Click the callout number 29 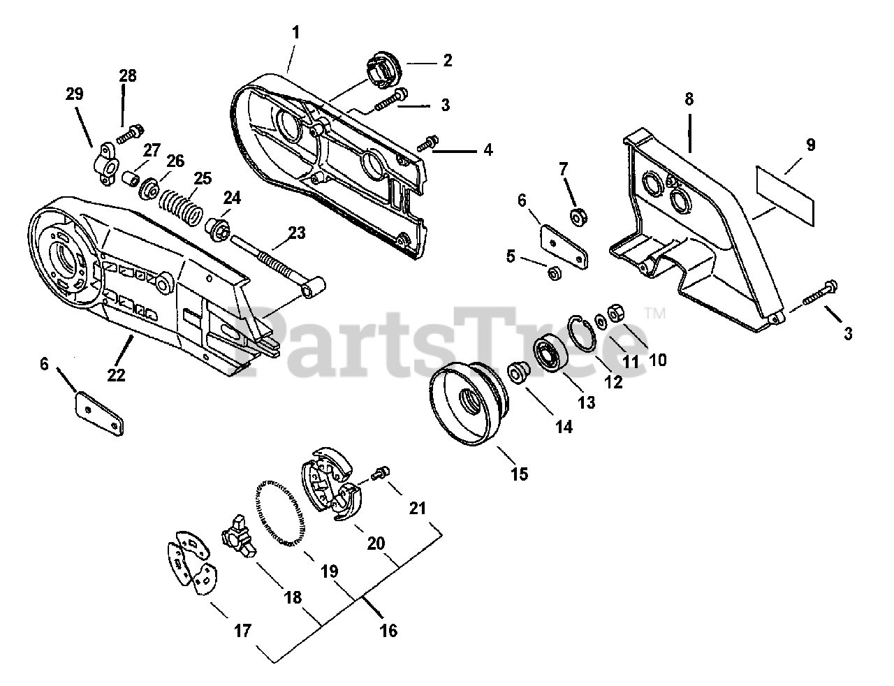pos(74,93)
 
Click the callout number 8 pos(689,98)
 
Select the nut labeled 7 pos(578,218)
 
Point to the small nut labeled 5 pos(552,275)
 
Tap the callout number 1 pos(296,31)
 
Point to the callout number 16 pos(388,631)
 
